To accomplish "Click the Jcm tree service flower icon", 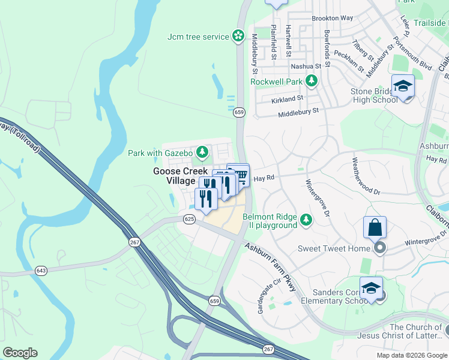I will point(239,37).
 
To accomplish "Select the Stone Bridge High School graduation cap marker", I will point(403,86).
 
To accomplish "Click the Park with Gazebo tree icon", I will point(203,152).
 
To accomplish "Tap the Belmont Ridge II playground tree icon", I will point(306,220).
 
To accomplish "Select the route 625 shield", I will point(190,219).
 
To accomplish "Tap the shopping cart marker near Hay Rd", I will point(240,175).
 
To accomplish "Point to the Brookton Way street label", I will point(332,19).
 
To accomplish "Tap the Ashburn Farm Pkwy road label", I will point(271,267).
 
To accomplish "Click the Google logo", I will point(20,353).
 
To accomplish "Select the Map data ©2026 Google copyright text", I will point(412,355).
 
